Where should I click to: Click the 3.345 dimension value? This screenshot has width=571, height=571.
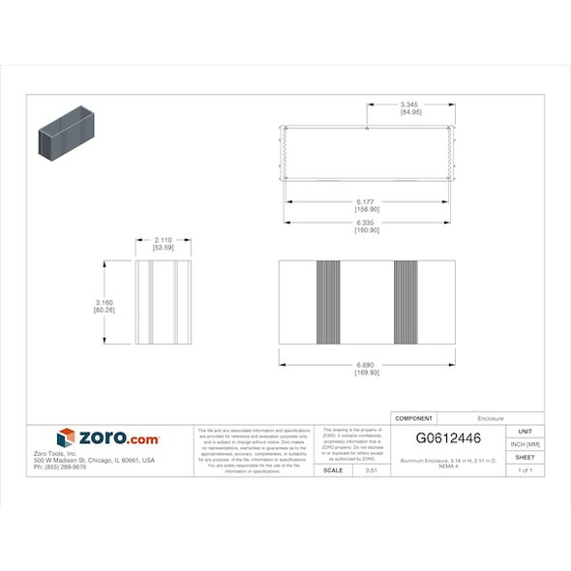coord(410,104)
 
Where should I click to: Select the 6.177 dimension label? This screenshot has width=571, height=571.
coord(366,201)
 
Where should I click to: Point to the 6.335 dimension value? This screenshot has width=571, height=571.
coord(366,223)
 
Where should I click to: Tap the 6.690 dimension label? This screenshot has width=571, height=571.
coord(366,365)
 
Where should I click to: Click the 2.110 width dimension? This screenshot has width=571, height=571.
coord(164,240)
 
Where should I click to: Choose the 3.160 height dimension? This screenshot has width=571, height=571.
coord(105,302)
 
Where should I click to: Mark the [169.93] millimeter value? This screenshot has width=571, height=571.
coord(366,373)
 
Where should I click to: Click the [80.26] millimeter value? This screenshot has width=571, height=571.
coord(105,310)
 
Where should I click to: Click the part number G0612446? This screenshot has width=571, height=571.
coord(448,438)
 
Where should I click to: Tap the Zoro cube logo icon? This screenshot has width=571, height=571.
coord(66,437)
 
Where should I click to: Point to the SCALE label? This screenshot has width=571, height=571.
coord(332,470)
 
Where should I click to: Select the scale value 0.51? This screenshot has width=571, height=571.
coord(371,470)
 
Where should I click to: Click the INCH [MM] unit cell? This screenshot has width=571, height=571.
coord(525,444)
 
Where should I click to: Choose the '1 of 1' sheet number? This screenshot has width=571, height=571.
coord(525,470)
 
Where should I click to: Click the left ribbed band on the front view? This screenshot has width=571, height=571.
coord(328,302)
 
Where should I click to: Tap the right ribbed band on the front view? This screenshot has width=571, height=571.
coord(406,302)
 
